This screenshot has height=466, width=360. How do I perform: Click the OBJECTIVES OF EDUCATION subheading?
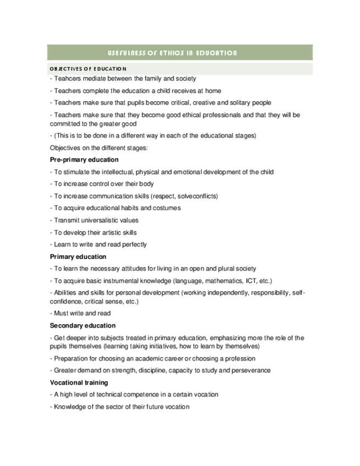point(88,69)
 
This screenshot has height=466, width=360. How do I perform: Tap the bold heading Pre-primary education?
point(84,160)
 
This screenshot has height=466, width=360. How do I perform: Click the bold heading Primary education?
point(78,257)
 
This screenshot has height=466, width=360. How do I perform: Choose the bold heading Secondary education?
point(82,325)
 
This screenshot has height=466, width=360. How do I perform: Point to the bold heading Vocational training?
point(79,382)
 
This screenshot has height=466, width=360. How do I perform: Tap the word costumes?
point(167,208)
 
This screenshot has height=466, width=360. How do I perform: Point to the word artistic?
point(109,232)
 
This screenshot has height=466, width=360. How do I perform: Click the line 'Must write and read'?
point(80,313)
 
